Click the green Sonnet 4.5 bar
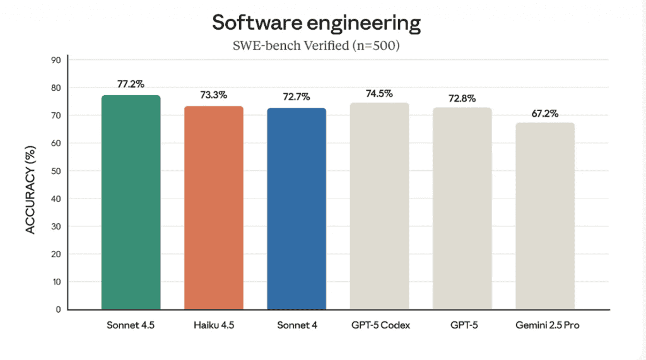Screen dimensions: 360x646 (131, 202)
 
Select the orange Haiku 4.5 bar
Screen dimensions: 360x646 (214, 207)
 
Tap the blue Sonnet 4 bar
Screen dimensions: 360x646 (297, 209)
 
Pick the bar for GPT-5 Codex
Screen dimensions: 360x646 (379, 206)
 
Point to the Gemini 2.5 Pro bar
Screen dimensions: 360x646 (545, 216)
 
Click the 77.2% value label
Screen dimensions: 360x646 (131, 83)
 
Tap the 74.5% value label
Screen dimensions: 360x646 (379, 93)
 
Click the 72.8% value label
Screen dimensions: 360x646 (462, 98)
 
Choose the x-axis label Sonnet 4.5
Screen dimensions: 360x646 (131, 325)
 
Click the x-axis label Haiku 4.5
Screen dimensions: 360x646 (214, 325)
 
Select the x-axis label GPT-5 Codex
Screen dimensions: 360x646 (379, 325)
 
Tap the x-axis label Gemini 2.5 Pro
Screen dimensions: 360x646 (545, 325)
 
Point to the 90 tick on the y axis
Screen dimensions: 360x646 (56, 60)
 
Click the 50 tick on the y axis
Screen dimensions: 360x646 (56, 171)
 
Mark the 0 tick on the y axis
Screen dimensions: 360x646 (57, 310)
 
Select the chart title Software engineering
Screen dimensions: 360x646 (315, 23)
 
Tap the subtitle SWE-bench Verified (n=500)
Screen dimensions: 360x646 (315, 46)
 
